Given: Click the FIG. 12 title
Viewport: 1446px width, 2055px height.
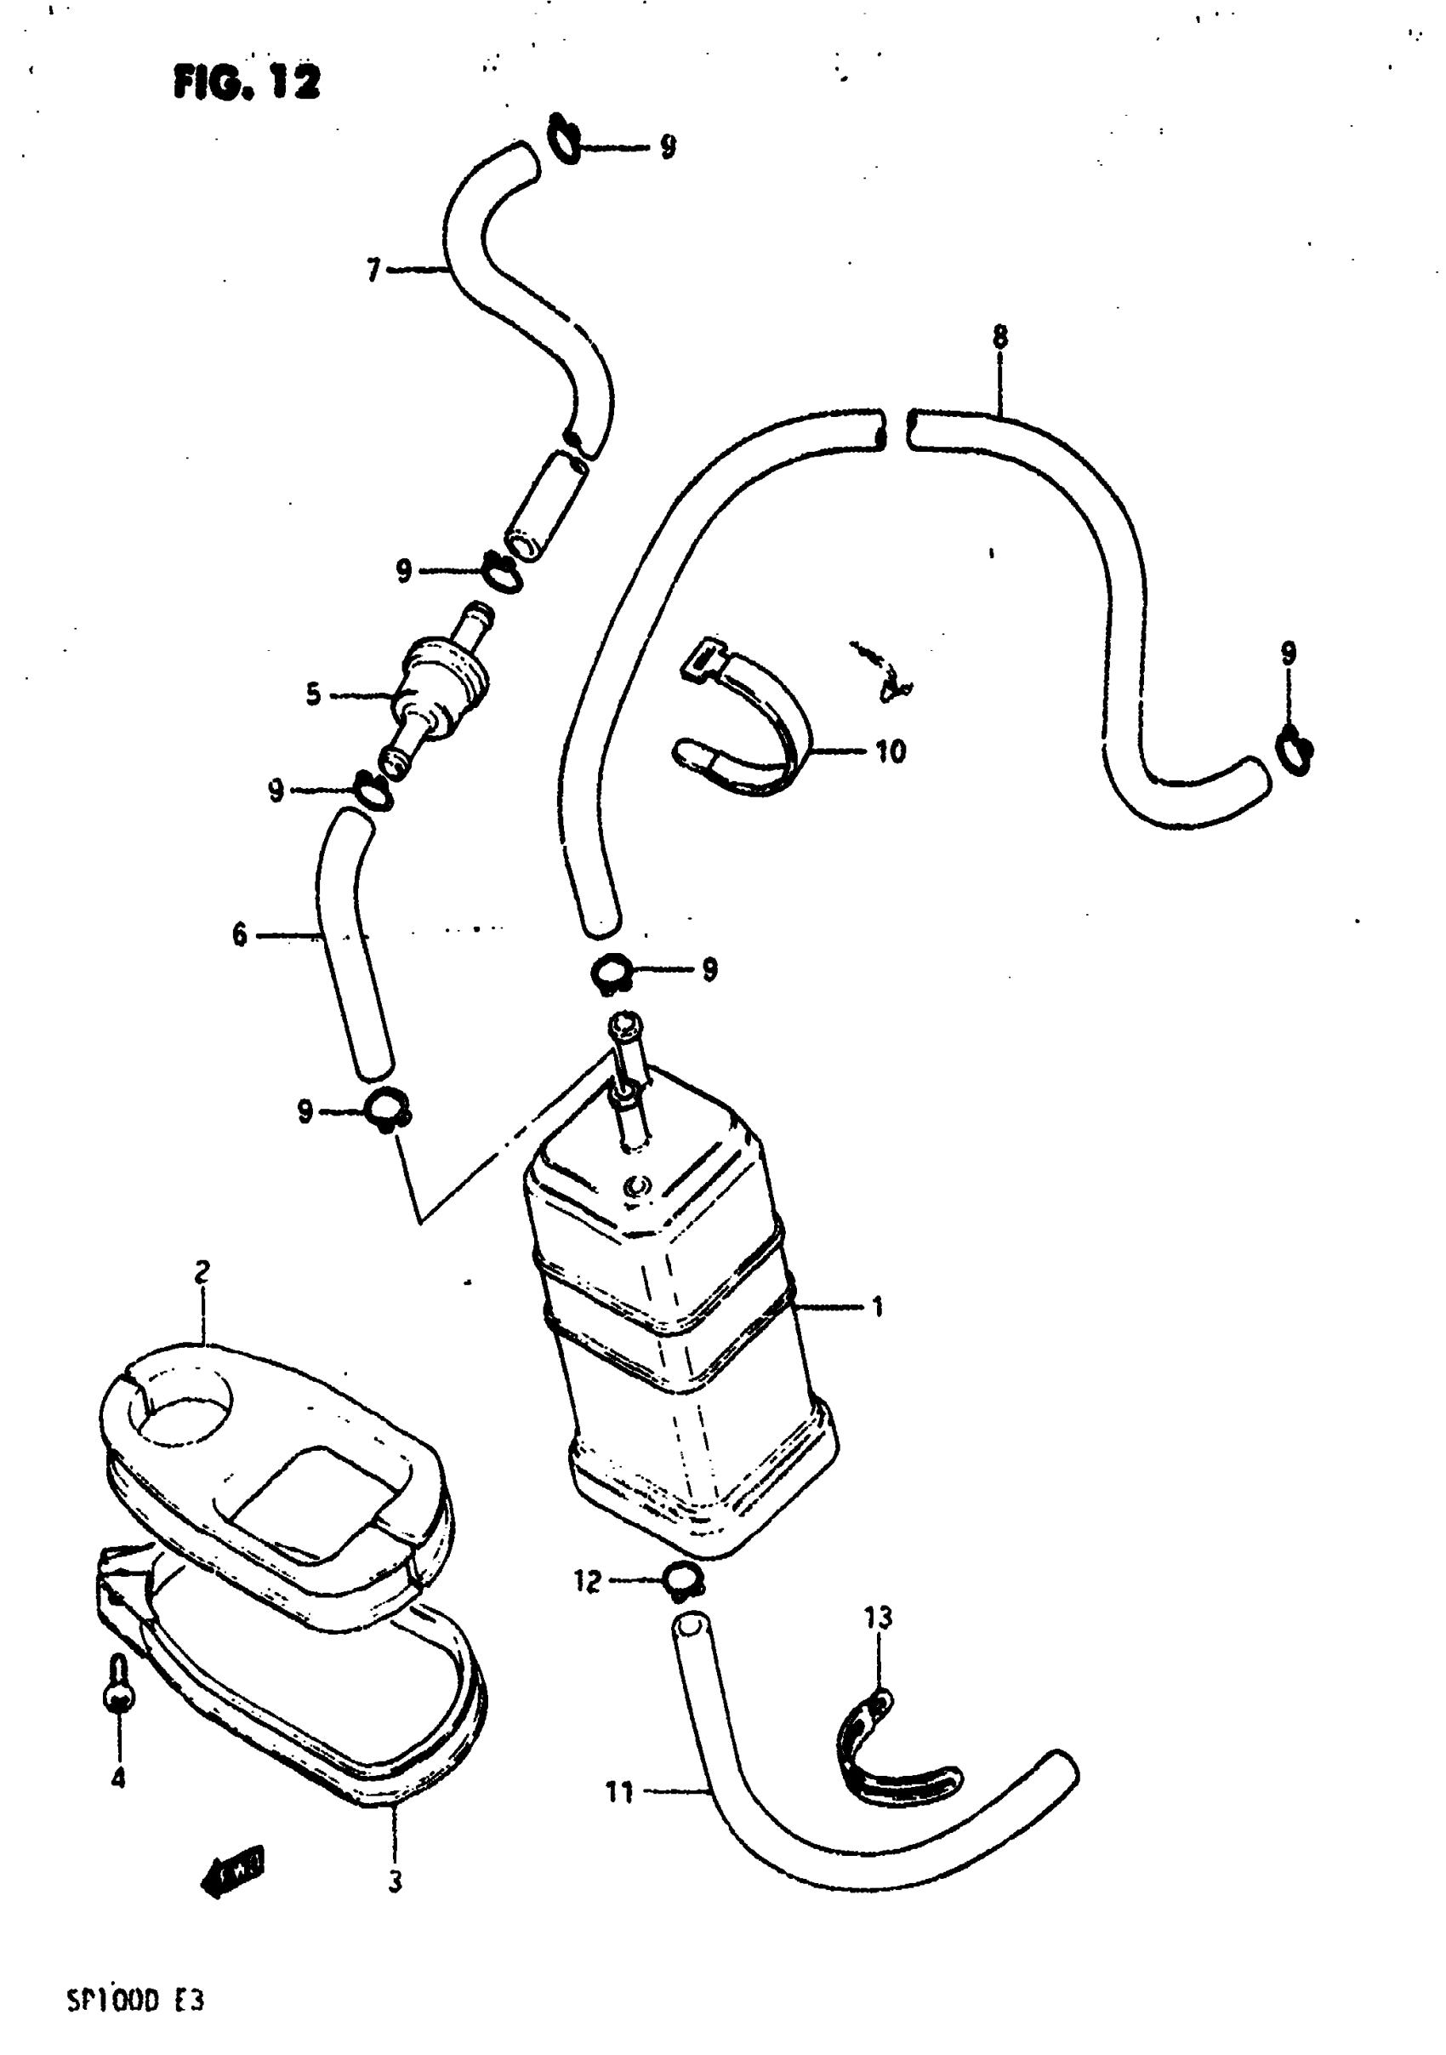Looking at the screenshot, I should tap(246, 83).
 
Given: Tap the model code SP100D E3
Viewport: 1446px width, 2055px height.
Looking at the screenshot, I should tap(135, 2001).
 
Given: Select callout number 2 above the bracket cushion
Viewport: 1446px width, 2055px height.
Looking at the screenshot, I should tap(202, 1272).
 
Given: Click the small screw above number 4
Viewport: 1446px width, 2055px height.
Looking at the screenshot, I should tap(119, 1682).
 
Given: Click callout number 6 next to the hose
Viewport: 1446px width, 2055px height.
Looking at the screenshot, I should tap(240, 935).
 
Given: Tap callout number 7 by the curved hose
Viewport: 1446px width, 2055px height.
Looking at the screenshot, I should tap(374, 269).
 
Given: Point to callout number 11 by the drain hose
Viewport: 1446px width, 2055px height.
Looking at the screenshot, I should tap(619, 1792).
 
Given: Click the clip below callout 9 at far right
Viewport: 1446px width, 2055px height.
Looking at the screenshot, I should tap(1295, 749).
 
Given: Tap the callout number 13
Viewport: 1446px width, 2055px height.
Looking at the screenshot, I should tap(878, 1618).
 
